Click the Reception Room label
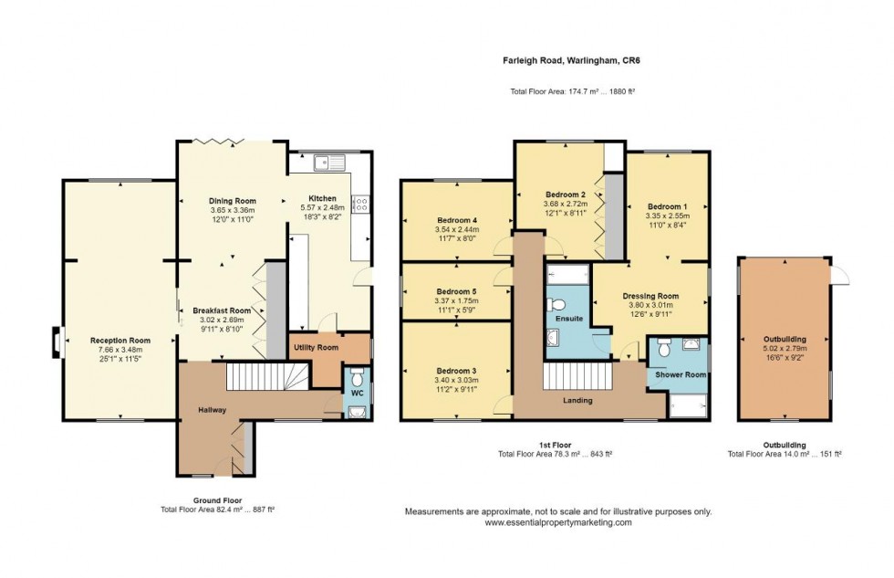[120, 340]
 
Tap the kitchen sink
[327, 163]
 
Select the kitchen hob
[360, 205]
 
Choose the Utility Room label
[315, 348]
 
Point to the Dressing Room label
[650, 296]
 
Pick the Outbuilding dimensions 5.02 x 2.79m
[784, 348]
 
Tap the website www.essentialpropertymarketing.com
[557, 523]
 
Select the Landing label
[577, 400]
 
